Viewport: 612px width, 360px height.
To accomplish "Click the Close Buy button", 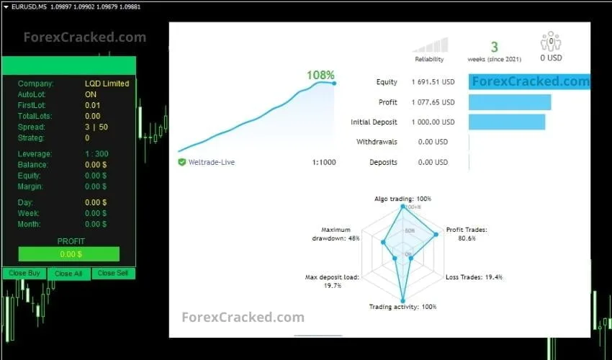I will [x=24, y=274].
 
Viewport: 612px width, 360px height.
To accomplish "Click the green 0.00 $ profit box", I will [x=69, y=254].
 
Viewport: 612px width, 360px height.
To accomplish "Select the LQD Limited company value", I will [x=107, y=84].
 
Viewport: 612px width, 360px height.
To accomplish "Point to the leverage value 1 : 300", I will [x=96, y=154].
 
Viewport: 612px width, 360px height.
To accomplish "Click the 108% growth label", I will [x=320, y=75].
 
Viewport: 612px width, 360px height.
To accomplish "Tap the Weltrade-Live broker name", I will [x=211, y=163].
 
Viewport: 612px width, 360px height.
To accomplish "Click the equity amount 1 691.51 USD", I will [x=433, y=82].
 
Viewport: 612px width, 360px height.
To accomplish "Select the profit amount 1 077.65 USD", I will [x=433, y=102].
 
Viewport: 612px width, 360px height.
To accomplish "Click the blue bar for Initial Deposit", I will [x=507, y=122].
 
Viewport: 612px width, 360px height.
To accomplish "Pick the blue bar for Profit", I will [x=510, y=102].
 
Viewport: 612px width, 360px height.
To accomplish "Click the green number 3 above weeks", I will [x=495, y=48].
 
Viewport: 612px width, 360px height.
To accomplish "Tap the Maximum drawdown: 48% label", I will [x=336, y=234].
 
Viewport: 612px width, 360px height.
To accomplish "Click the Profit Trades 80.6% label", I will [x=467, y=234].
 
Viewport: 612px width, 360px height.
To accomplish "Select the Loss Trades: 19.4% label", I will [x=474, y=277].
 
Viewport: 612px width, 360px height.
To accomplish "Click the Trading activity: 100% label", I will [x=402, y=307].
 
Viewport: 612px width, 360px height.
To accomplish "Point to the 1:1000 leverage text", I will [x=324, y=163].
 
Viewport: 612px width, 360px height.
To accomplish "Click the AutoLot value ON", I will [x=91, y=94].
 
